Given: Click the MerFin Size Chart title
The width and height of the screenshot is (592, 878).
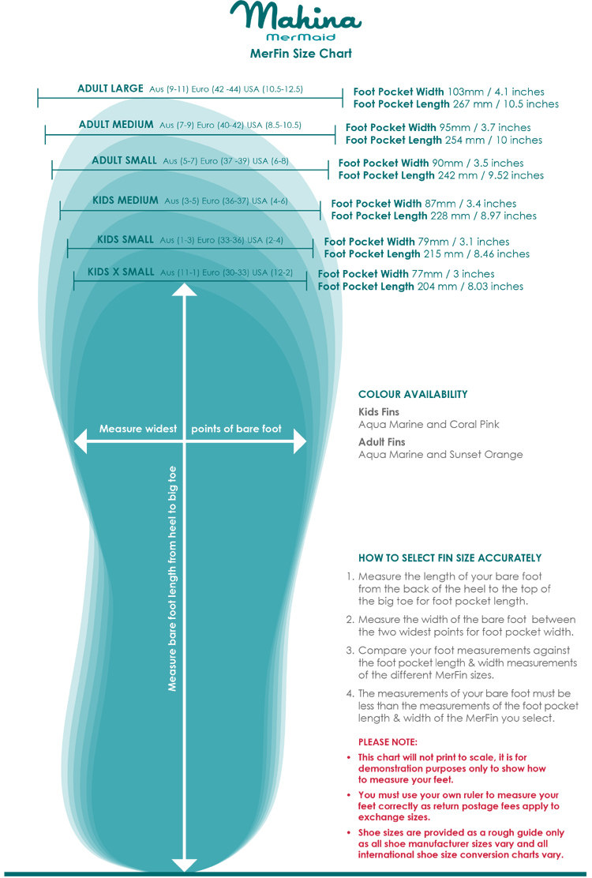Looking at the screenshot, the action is coord(300,54).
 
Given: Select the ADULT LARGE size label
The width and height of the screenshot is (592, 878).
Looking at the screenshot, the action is coord(111,89).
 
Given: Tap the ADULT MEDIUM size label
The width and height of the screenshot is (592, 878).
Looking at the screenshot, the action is coord(116,125).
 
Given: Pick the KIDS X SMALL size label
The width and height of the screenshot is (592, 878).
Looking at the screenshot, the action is coord(121,272).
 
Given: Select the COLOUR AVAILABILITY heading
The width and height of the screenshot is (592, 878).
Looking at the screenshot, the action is coord(413,394).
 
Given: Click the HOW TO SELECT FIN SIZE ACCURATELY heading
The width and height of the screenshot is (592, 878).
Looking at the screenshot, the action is coord(450,557).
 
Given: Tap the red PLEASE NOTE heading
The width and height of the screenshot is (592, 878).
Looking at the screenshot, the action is coord(388,742).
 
